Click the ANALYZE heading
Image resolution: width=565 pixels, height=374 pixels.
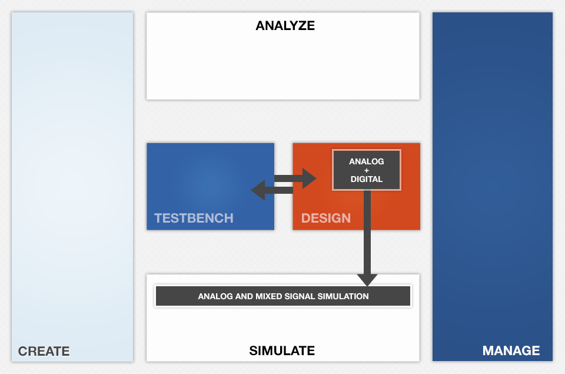[285, 26]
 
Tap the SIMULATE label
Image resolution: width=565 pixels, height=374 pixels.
[282, 351]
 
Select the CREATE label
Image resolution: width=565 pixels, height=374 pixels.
[44, 352]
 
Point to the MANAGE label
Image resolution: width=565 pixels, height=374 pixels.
[511, 351]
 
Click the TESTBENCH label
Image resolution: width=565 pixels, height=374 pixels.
[194, 219]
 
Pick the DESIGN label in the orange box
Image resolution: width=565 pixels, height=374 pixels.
[326, 219]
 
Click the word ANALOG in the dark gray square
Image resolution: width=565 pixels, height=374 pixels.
[366, 161]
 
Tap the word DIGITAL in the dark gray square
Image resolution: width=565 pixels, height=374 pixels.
[366, 179]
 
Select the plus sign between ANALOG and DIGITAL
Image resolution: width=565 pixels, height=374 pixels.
[366, 170]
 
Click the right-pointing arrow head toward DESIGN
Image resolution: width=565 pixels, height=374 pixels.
[310, 178]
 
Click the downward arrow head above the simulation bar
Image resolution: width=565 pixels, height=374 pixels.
[367, 279]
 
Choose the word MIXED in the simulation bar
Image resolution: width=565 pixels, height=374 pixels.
[270, 296]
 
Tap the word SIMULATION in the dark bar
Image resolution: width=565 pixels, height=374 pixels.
[344, 296]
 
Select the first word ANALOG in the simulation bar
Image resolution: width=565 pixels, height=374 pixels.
[215, 296]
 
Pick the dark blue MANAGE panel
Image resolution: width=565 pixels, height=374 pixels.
[492, 177]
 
